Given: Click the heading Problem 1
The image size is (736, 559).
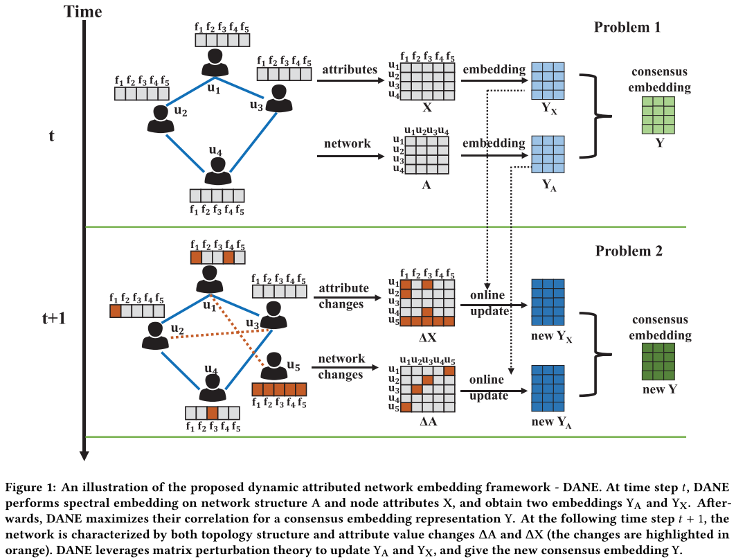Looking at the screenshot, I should click(x=627, y=28).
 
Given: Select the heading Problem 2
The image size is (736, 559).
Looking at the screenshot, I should click(x=629, y=251).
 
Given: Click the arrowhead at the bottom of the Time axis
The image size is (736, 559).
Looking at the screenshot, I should click(x=84, y=454).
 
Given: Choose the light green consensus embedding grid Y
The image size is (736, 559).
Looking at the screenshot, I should click(x=657, y=114).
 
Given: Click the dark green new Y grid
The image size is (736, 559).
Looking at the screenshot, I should click(x=658, y=362).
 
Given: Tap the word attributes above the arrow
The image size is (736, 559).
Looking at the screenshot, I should click(x=350, y=70).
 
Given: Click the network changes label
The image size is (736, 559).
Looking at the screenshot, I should click(x=341, y=367).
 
